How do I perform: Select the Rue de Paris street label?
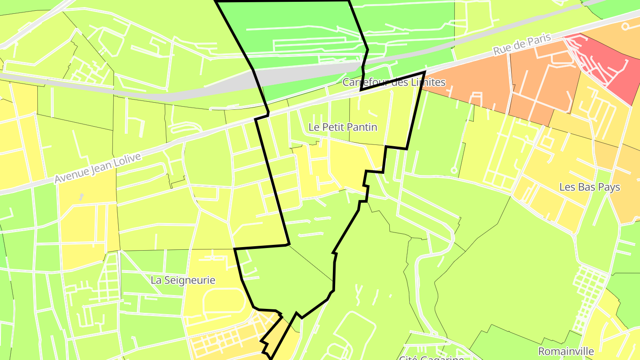pyautogui.click(x=522, y=45)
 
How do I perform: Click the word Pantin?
pyautogui.click(x=363, y=127)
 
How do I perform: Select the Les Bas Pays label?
pyautogui.click(x=589, y=187)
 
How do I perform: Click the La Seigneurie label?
pyautogui.click(x=183, y=280)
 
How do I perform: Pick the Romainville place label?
pyautogui.click(x=566, y=351)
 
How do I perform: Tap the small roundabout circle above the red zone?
pyautogui.click(x=625, y=26)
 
